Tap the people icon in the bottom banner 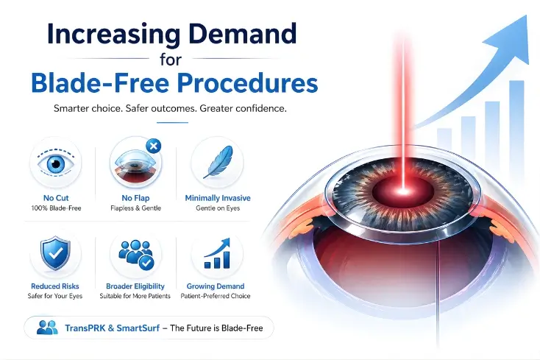point(46,328)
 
